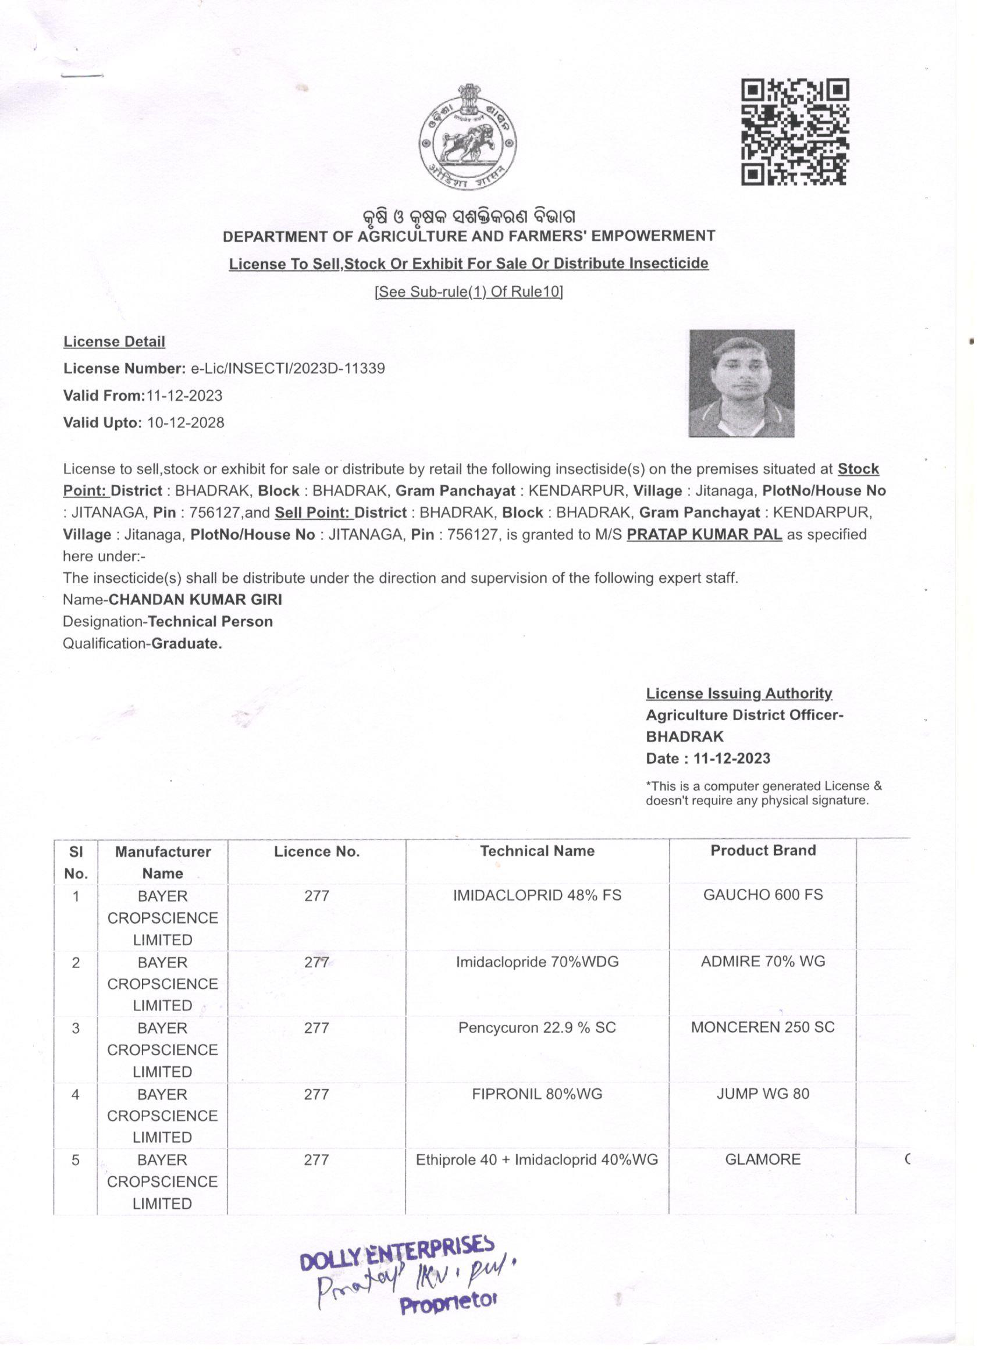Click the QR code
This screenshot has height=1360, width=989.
[x=795, y=132]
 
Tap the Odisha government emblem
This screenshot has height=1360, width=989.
[x=468, y=138]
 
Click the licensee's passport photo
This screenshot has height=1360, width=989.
[x=741, y=383]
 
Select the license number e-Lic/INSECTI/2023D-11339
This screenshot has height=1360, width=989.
[x=287, y=368]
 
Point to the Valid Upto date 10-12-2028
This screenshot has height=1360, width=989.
[x=186, y=423]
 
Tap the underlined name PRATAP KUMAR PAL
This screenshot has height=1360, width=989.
[x=704, y=534]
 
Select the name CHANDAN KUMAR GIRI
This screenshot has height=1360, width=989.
[x=195, y=600]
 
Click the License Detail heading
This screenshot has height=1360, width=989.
[x=114, y=342]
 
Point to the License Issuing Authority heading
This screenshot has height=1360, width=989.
[x=739, y=694]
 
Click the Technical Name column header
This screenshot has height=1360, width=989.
[x=537, y=851]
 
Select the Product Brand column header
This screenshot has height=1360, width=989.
[x=763, y=850]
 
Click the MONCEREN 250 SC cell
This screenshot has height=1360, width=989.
[x=762, y=1027]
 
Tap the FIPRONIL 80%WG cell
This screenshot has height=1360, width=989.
[x=537, y=1094]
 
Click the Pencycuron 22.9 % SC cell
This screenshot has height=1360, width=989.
[x=537, y=1028]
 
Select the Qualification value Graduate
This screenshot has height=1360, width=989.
[x=187, y=643]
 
